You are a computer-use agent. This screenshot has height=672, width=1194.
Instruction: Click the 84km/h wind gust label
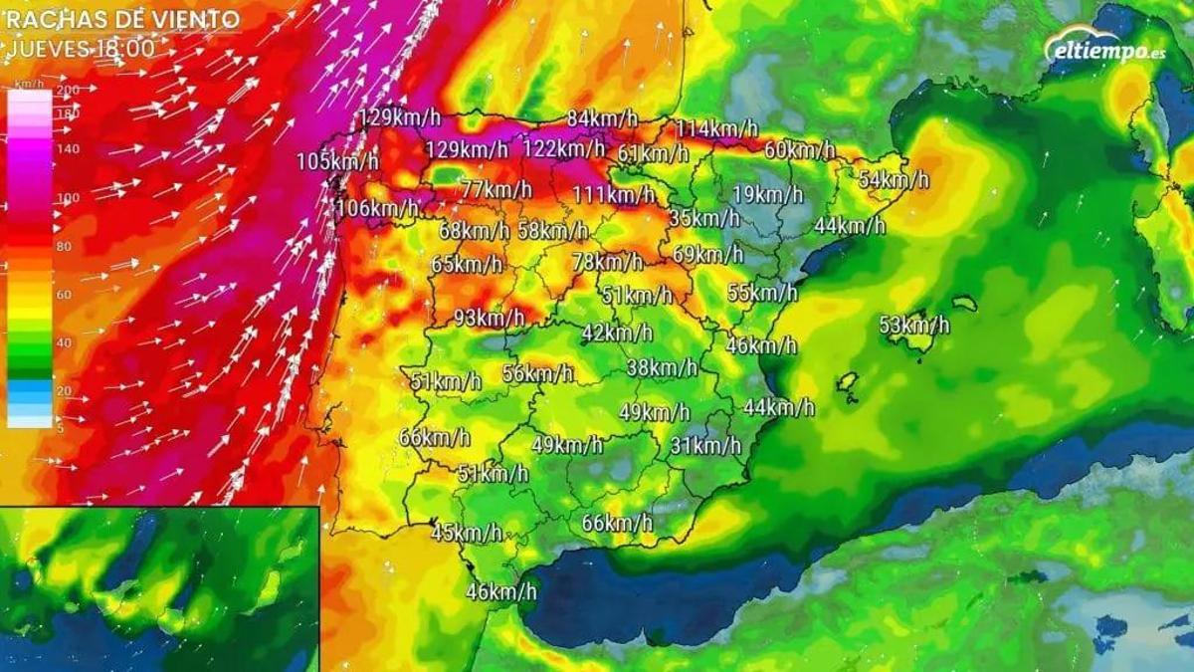[602, 118]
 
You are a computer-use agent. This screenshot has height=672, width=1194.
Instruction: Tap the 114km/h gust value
[716, 128]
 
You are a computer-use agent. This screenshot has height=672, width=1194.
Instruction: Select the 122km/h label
[563, 149]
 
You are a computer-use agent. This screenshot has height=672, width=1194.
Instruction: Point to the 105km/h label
[337, 161]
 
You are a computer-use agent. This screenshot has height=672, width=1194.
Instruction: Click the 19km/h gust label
[767, 194]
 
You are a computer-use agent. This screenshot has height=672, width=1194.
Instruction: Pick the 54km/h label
[894, 180]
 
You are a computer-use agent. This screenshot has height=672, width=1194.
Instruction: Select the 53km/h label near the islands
[913, 326]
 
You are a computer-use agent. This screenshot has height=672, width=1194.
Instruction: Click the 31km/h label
[705, 446]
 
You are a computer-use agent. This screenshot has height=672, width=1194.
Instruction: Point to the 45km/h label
[467, 534]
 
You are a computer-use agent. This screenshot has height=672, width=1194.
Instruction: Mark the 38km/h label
[662, 368]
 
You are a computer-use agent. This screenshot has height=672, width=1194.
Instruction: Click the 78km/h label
[607, 263]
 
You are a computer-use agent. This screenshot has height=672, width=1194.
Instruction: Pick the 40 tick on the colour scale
[67, 342]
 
